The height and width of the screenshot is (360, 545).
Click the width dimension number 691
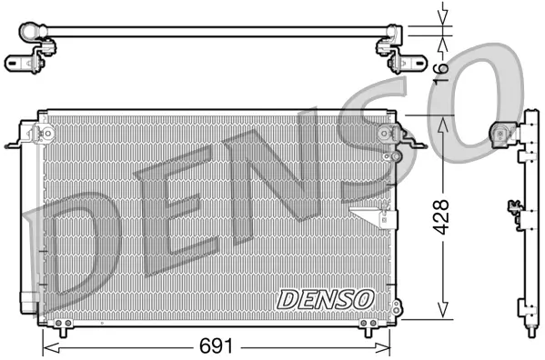click(217, 346)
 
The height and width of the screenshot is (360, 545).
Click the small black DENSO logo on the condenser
click(324, 297)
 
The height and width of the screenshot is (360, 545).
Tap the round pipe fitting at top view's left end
click(26, 31)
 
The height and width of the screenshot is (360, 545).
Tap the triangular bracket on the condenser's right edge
click(373, 215)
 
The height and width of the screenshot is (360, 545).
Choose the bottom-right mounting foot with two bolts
click(368, 324)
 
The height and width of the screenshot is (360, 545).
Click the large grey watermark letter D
click(73, 255)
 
